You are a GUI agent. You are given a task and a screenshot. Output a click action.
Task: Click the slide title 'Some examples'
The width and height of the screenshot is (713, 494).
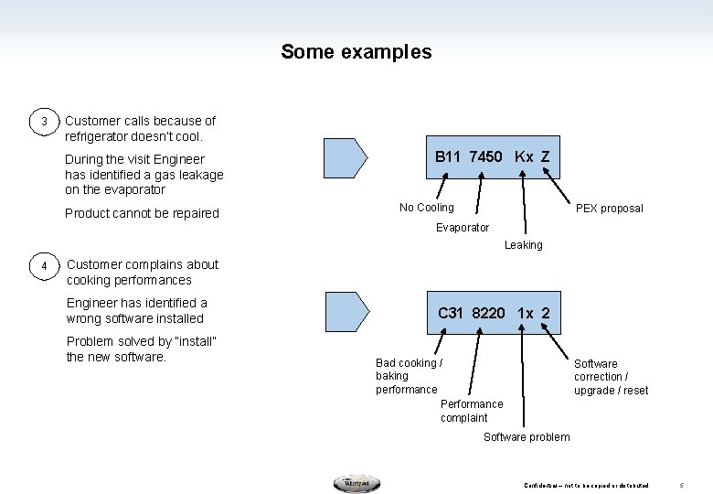coord(356,52)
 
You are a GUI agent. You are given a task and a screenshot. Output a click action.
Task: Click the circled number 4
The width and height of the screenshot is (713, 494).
coord(43,266)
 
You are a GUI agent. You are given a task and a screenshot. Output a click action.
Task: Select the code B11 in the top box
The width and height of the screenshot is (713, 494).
coord(448,156)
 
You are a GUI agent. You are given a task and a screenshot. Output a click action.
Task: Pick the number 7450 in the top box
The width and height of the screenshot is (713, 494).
coord(485,156)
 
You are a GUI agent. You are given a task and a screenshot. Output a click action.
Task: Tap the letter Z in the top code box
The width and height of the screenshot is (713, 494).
coord(545,156)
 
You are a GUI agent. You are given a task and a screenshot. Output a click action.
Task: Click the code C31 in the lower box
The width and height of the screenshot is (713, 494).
coord(451,313)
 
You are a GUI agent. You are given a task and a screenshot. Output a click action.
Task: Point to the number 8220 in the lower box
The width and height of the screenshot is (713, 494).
coord(488,313)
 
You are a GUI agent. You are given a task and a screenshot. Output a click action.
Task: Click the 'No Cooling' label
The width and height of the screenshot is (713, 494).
coord(426,208)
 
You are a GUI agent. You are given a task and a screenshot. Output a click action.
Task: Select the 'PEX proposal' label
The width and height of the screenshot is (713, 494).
coord(609,209)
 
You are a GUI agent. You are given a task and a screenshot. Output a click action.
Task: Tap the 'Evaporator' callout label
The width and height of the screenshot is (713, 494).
coord(462,227)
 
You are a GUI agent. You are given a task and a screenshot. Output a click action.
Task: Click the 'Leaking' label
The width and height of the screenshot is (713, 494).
coord(523,244)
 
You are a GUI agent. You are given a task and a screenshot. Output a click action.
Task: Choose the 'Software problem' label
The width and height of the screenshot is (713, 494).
coord(527,436)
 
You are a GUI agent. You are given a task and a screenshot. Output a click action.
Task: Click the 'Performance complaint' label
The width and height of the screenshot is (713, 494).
coord(472,411)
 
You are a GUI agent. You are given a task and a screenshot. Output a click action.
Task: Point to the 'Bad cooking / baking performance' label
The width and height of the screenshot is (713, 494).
coord(409,376)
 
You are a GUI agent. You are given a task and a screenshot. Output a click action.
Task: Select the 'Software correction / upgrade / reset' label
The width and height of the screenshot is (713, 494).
coord(611,377)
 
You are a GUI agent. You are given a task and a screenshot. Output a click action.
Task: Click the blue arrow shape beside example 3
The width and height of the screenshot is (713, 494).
coord(346,158)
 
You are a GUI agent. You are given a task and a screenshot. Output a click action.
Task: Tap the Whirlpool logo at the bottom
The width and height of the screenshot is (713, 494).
coord(356,484)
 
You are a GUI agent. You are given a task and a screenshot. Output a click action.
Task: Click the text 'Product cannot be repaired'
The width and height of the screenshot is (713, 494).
coord(142,213)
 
